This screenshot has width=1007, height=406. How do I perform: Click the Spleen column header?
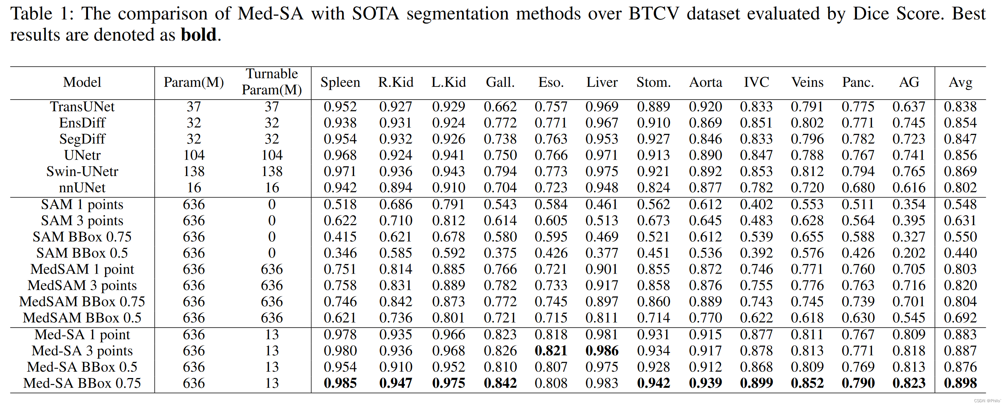(340, 82)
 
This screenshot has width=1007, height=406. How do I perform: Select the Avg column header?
(960, 82)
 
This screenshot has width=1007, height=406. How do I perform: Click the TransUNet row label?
(82, 107)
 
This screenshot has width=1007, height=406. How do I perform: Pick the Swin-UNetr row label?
(82, 171)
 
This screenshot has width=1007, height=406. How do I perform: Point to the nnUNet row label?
(82, 188)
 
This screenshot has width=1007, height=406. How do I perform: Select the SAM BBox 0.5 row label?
(82, 253)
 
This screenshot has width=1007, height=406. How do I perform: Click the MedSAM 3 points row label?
(82, 286)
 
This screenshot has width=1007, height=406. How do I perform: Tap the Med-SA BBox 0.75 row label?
(82, 383)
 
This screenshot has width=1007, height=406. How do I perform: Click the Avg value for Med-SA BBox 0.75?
(960, 383)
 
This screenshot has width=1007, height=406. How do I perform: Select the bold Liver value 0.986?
(602, 351)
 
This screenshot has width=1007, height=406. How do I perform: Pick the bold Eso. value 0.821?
(551, 351)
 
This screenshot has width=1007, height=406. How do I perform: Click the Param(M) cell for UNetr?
(194, 155)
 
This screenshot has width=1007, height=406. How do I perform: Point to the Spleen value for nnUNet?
(340, 188)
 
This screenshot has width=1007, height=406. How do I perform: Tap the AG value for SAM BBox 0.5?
(909, 253)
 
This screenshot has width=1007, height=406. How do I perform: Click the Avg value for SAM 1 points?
(960, 204)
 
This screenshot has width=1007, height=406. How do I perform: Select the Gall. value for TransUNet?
(500, 107)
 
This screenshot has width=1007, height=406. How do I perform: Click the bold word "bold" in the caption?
(198, 35)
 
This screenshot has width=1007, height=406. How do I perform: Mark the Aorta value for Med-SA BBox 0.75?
(705, 383)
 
